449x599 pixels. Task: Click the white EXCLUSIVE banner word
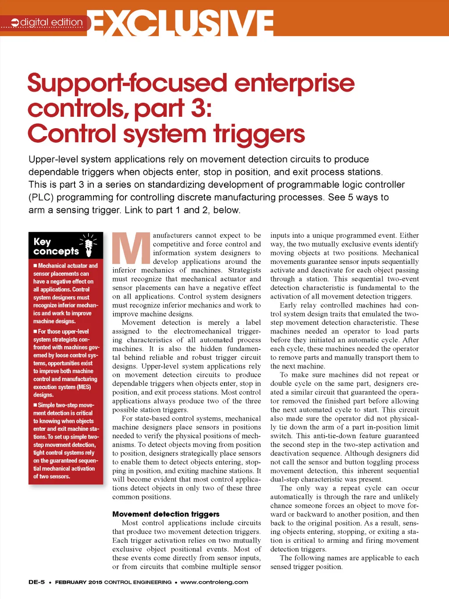pyautogui.click(x=183, y=23)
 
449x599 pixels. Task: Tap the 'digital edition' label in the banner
pyautogui.click(x=51, y=22)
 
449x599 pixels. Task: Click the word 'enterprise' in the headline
pyautogui.click(x=294, y=84)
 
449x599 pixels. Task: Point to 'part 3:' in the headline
pyautogui.click(x=173, y=108)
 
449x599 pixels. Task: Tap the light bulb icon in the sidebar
pyautogui.click(x=89, y=245)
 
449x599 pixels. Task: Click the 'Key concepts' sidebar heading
pyautogui.click(x=56, y=246)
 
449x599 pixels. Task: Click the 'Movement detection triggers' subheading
pyautogui.click(x=166, y=514)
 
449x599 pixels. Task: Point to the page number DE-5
pyautogui.click(x=36, y=582)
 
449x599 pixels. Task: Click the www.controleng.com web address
pyautogui.click(x=214, y=582)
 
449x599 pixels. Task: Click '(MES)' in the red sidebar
pyautogui.click(x=84, y=387)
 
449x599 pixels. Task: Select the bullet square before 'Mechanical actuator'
pyautogui.click(x=35, y=266)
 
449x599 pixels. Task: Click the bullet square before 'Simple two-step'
pyautogui.click(x=35, y=405)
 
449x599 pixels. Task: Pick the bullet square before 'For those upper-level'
pyautogui.click(x=35, y=332)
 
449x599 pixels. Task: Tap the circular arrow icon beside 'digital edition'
pyautogui.click(x=15, y=22)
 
